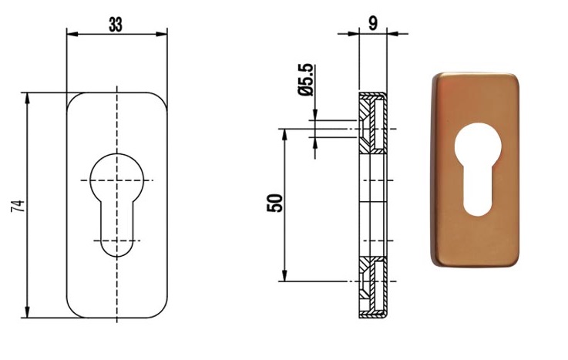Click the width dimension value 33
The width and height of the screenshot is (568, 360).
pos(116,25)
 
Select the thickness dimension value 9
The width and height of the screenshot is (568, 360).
pos(372,23)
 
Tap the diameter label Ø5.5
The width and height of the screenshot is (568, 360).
pos(305,79)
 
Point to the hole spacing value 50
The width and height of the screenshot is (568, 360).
pos(274,204)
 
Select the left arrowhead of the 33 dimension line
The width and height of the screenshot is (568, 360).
pos(72,34)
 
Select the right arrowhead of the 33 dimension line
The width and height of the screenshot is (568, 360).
pos(162,34)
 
